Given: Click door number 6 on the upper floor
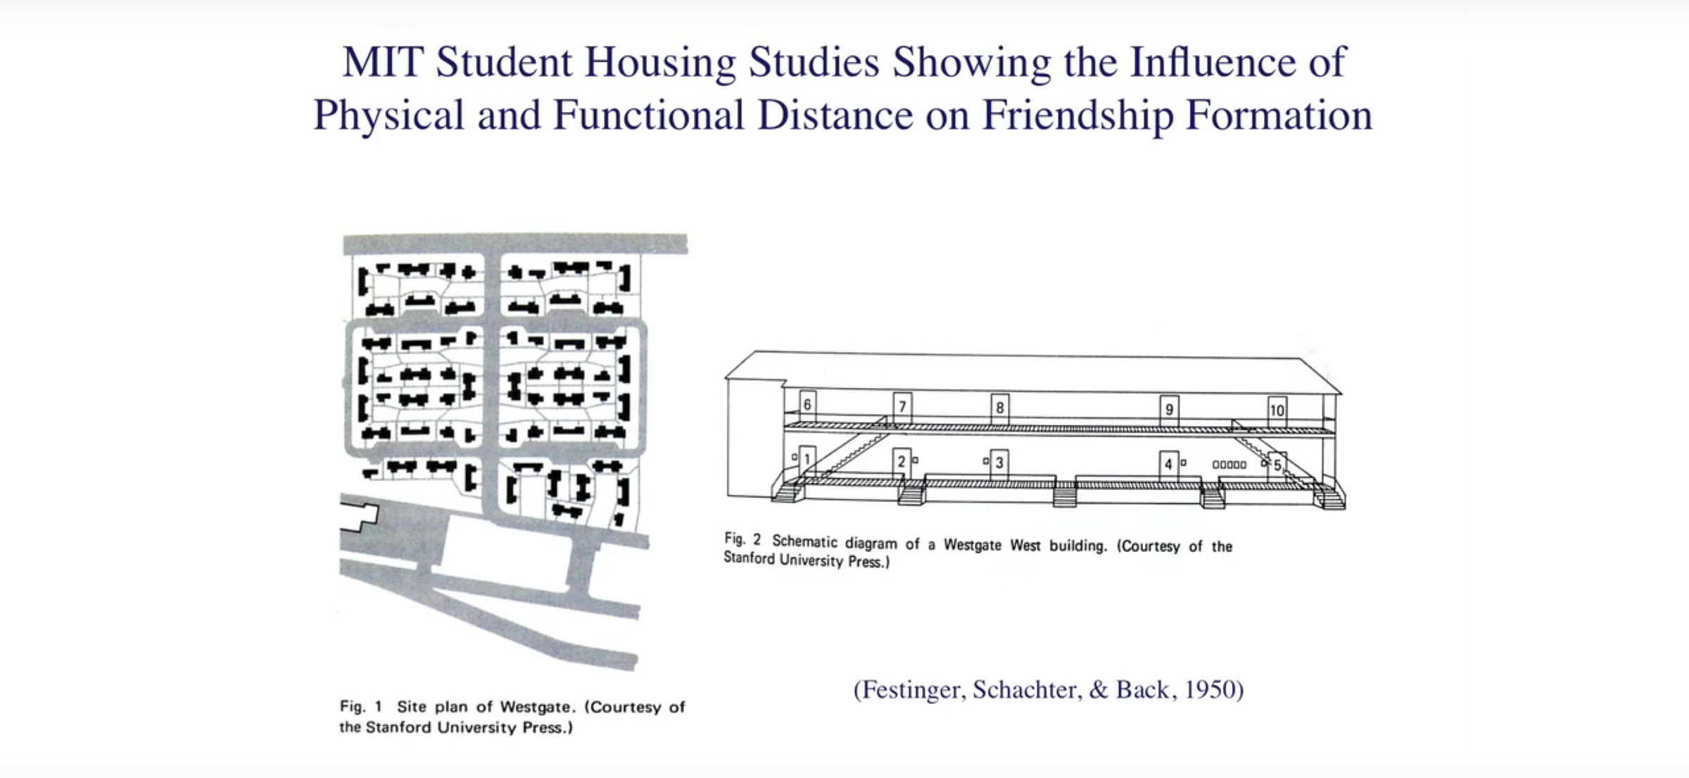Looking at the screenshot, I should pyautogui.click(x=807, y=406).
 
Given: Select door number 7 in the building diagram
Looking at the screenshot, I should pyautogui.click(x=902, y=408).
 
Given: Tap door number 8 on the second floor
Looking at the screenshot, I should pyautogui.click(x=999, y=408).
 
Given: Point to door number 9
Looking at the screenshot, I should pyautogui.click(x=1169, y=410).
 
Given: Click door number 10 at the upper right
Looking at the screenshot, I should pyautogui.click(x=1277, y=410).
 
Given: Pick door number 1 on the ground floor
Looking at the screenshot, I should pyautogui.click(x=807, y=460).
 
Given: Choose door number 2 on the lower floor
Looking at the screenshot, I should pyautogui.click(x=901, y=463).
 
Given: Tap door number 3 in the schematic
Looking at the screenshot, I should pyautogui.click(x=999, y=464).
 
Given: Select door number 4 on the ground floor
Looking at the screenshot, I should pyautogui.click(x=1168, y=465).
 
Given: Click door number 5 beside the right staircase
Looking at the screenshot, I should pyautogui.click(x=1277, y=465).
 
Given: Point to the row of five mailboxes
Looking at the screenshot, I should pyautogui.click(x=1229, y=465).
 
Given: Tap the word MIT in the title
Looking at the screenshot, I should pyautogui.click(x=382, y=62).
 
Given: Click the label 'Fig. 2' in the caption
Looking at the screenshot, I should pyautogui.click(x=742, y=539).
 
